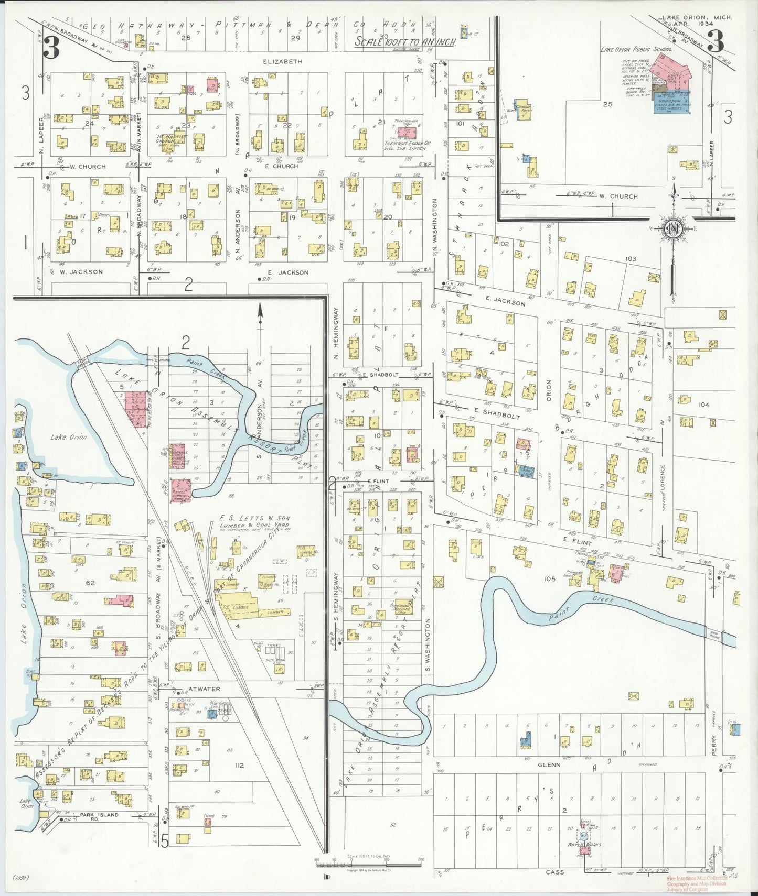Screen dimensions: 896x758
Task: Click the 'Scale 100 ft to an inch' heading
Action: [x=404, y=41]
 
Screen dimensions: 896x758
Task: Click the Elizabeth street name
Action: [x=282, y=61]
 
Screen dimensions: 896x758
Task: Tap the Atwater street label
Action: [x=197, y=689]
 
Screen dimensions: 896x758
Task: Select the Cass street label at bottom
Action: [x=555, y=872]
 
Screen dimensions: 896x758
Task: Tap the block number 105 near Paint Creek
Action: [x=549, y=578]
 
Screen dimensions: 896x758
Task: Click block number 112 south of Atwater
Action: [x=239, y=765]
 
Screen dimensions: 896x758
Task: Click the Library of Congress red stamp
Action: [x=696, y=883]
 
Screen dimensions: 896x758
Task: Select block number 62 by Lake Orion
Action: [x=90, y=582]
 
